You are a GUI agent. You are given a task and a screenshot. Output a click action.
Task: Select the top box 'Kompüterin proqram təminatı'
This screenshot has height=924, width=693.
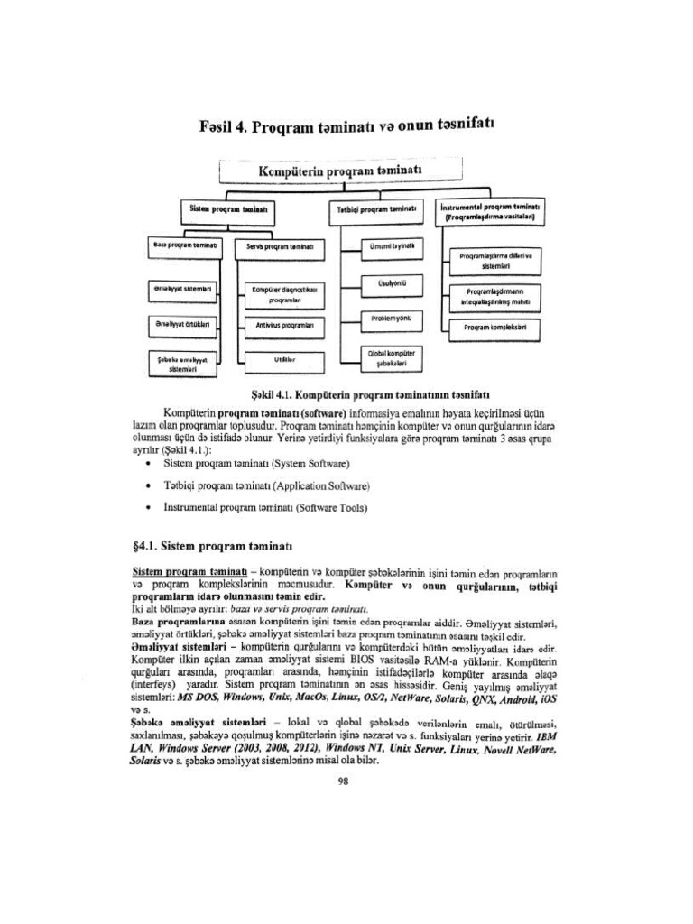(340, 171)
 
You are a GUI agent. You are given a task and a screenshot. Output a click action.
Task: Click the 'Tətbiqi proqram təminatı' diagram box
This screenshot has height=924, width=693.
(375, 208)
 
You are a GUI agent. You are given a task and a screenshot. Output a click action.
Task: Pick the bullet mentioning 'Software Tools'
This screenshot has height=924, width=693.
(265, 507)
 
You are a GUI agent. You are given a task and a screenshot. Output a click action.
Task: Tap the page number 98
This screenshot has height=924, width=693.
(342, 781)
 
